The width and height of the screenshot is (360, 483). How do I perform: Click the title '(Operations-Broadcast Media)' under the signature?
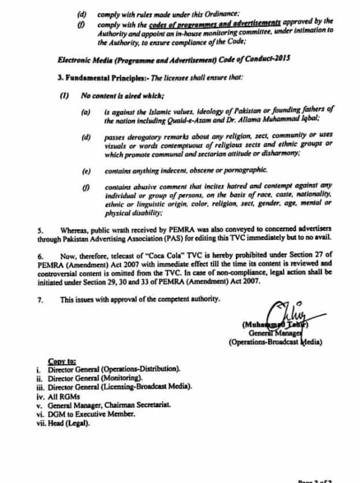pyautogui.click(x=276, y=342)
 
